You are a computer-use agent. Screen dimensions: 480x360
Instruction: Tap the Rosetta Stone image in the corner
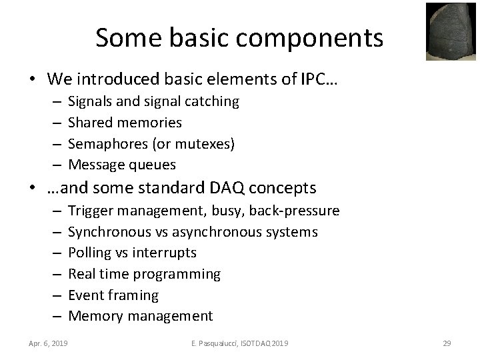click(x=452, y=31)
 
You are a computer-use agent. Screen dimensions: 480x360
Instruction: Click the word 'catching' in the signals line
click(x=213, y=101)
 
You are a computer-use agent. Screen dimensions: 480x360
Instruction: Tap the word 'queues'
click(x=153, y=165)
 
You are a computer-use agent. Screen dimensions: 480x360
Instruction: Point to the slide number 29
click(x=447, y=343)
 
